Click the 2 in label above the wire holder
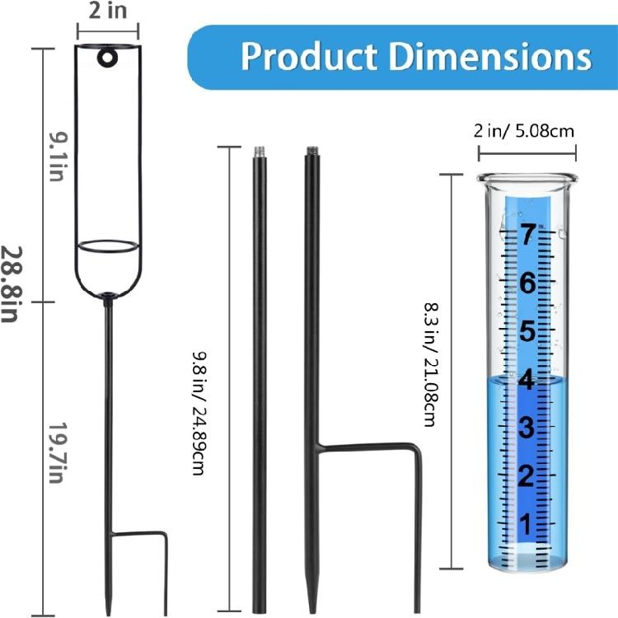[x=106, y=12]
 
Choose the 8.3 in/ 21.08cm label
[x=428, y=365]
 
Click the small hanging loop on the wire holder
[x=106, y=58]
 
